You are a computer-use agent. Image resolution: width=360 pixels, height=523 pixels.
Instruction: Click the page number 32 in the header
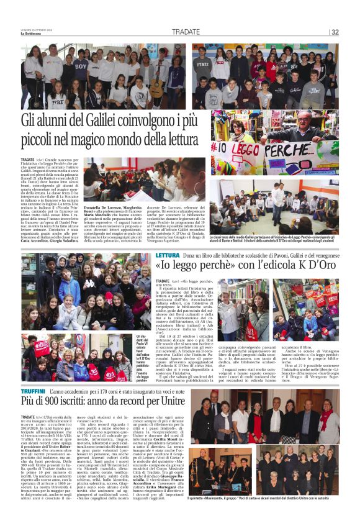(335, 32)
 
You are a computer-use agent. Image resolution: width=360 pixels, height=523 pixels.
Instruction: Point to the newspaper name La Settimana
(33, 34)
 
